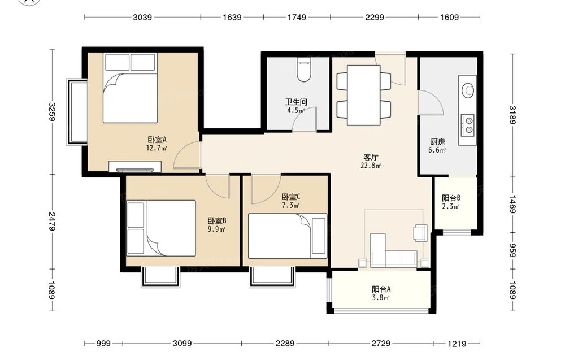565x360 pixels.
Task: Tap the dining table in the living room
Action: tap(363, 95)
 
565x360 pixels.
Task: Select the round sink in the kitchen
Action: tap(468, 90)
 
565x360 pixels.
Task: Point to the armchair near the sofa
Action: tap(420, 233)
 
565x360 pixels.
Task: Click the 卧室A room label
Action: tap(157, 140)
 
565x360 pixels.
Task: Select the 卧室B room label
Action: tap(216, 220)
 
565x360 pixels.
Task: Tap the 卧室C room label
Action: tap(291, 197)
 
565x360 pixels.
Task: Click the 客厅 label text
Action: tap(371, 157)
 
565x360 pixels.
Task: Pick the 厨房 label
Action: tap(437, 142)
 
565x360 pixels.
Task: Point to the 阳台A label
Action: tap(381, 289)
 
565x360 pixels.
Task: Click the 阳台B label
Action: tap(451, 198)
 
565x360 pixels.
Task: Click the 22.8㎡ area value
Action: tap(371, 166)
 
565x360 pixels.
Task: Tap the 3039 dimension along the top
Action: tap(142, 17)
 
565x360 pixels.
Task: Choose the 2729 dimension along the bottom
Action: tap(381, 344)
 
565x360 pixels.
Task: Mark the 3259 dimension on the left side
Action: tap(52, 112)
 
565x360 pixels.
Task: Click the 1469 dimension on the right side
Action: tap(512, 204)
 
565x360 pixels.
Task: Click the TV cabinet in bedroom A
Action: tap(135, 167)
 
